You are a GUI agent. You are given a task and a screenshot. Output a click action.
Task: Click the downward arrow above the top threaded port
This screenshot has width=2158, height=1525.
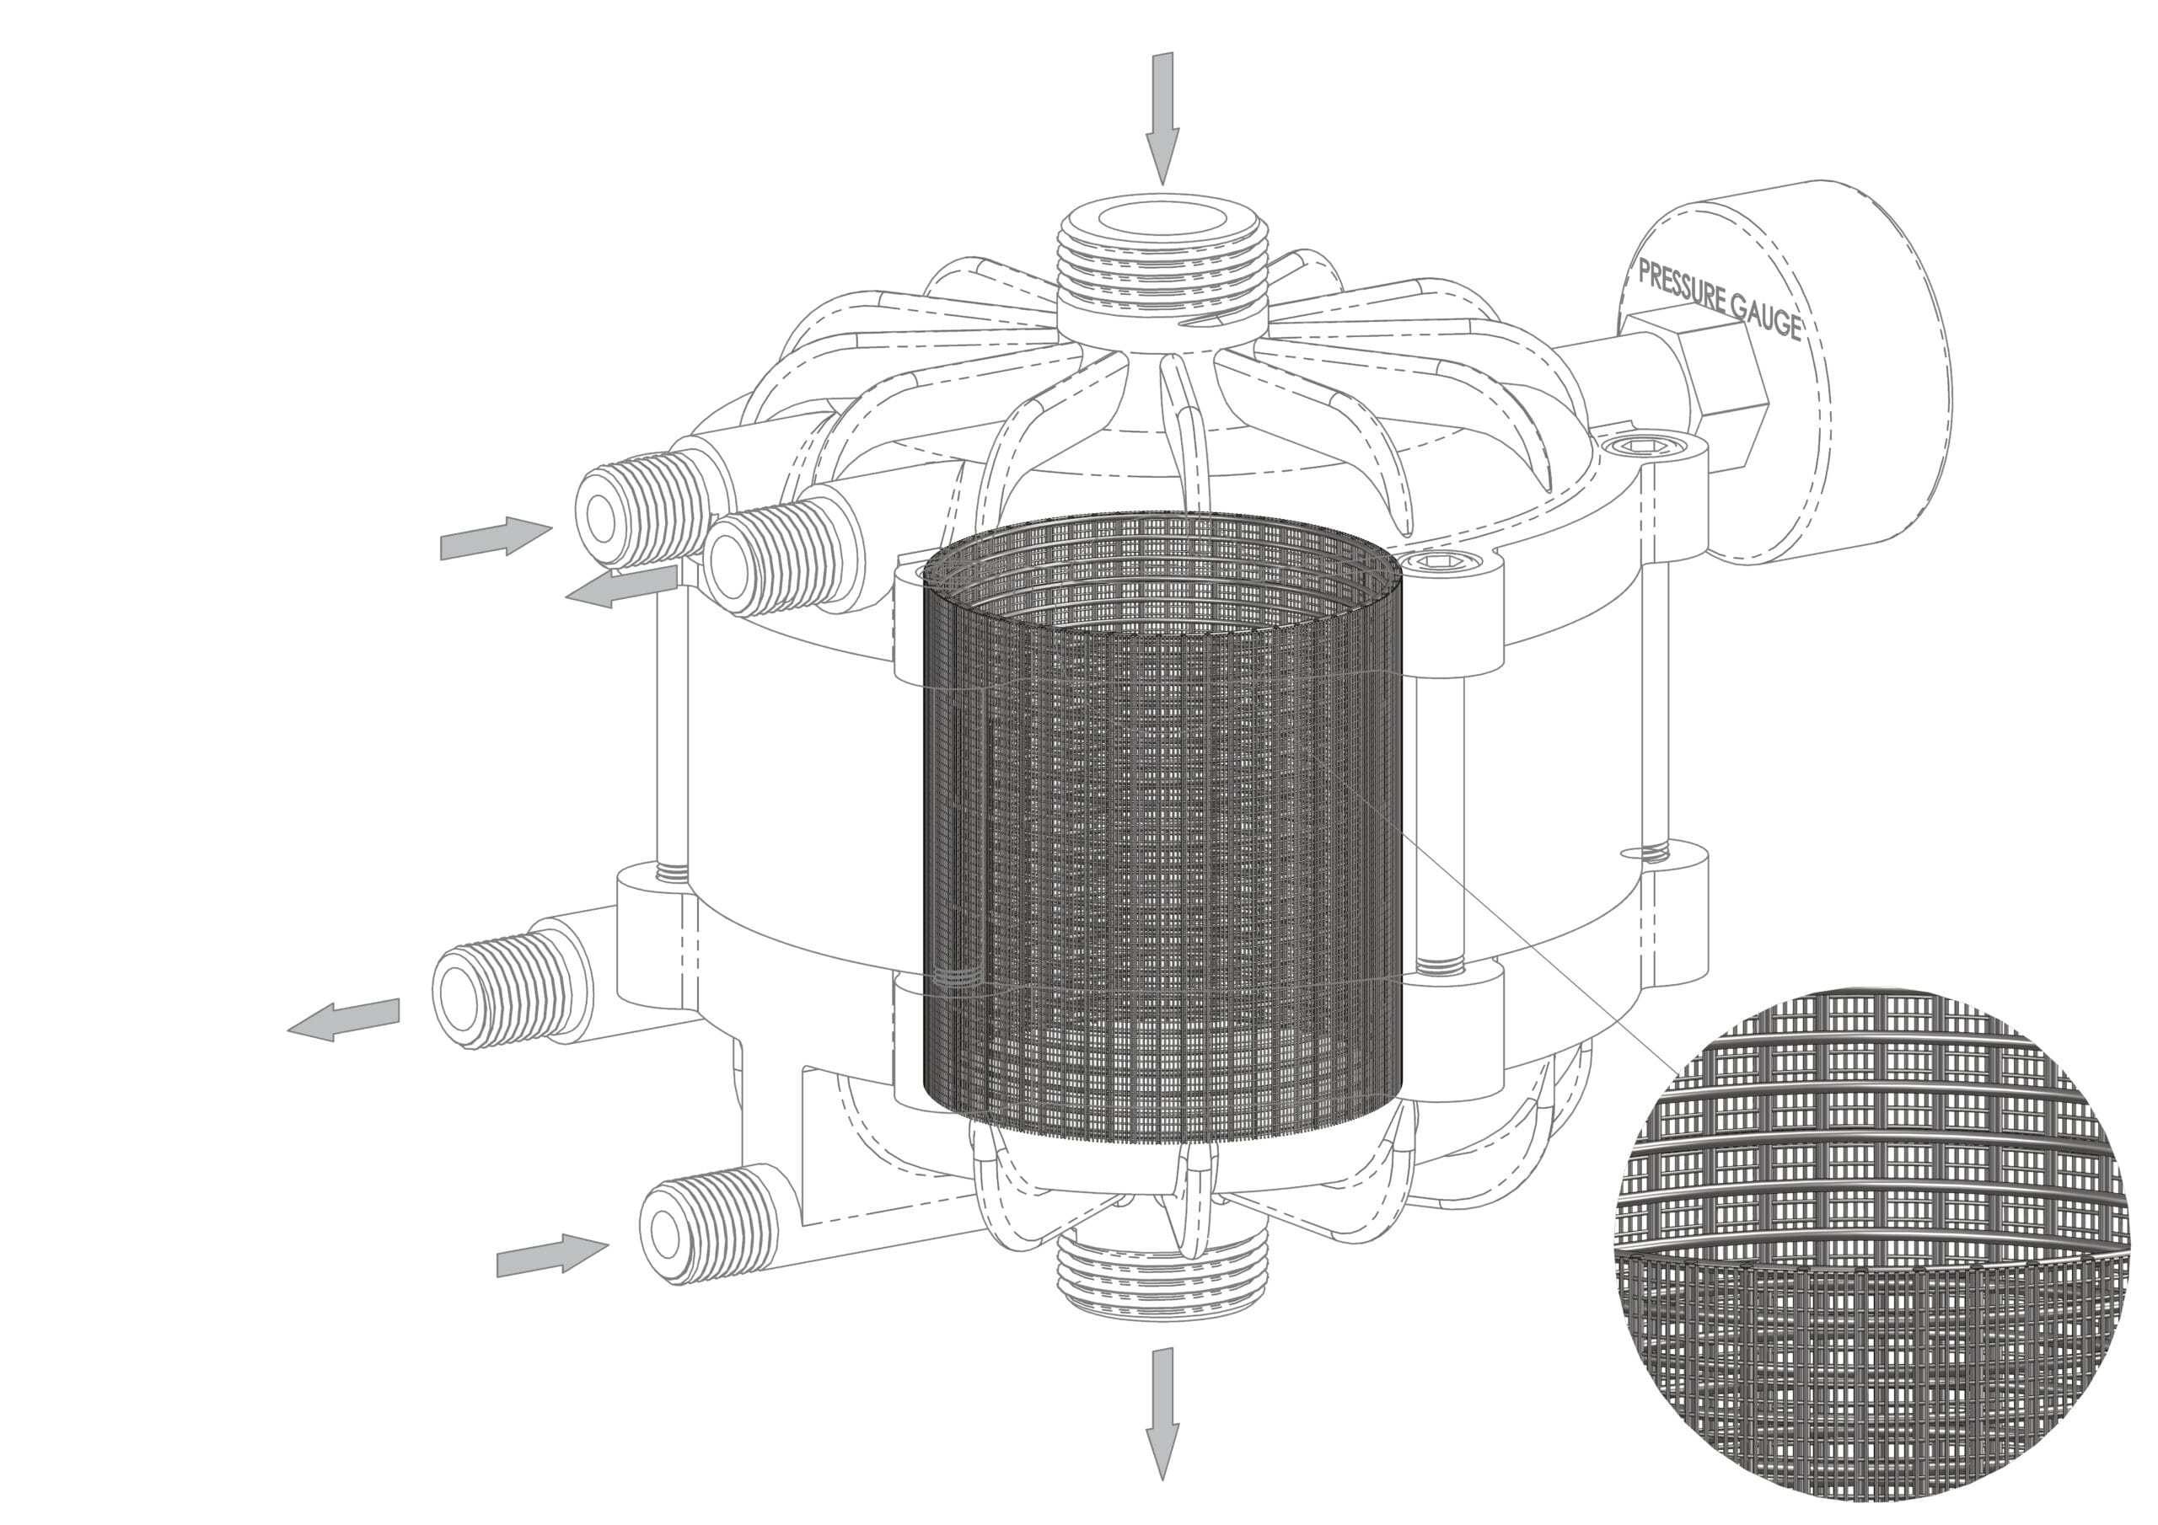pyautogui.click(x=1162, y=119)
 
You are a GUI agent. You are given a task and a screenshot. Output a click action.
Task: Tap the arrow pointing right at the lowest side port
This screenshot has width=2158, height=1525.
pyautogui.click(x=551, y=1255)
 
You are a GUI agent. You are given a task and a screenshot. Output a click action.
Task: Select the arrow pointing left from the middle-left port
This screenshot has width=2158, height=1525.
pyautogui.click(x=343, y=1019)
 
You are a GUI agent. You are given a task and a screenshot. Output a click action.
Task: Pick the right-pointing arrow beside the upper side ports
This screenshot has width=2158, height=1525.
pyautogui.click(x=496, y=538)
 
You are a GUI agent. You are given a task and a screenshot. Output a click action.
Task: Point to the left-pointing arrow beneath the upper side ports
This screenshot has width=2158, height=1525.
pyautogui.click(x=620, y=586)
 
